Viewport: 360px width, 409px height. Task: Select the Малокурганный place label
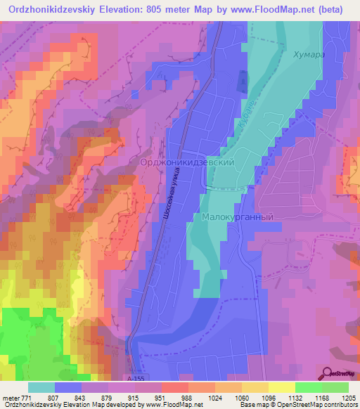[237, 217]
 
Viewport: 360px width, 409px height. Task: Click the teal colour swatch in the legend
[41, 387]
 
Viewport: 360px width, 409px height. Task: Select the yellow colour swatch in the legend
[281, 387]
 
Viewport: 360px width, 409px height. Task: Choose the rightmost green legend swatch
[335, 387]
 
